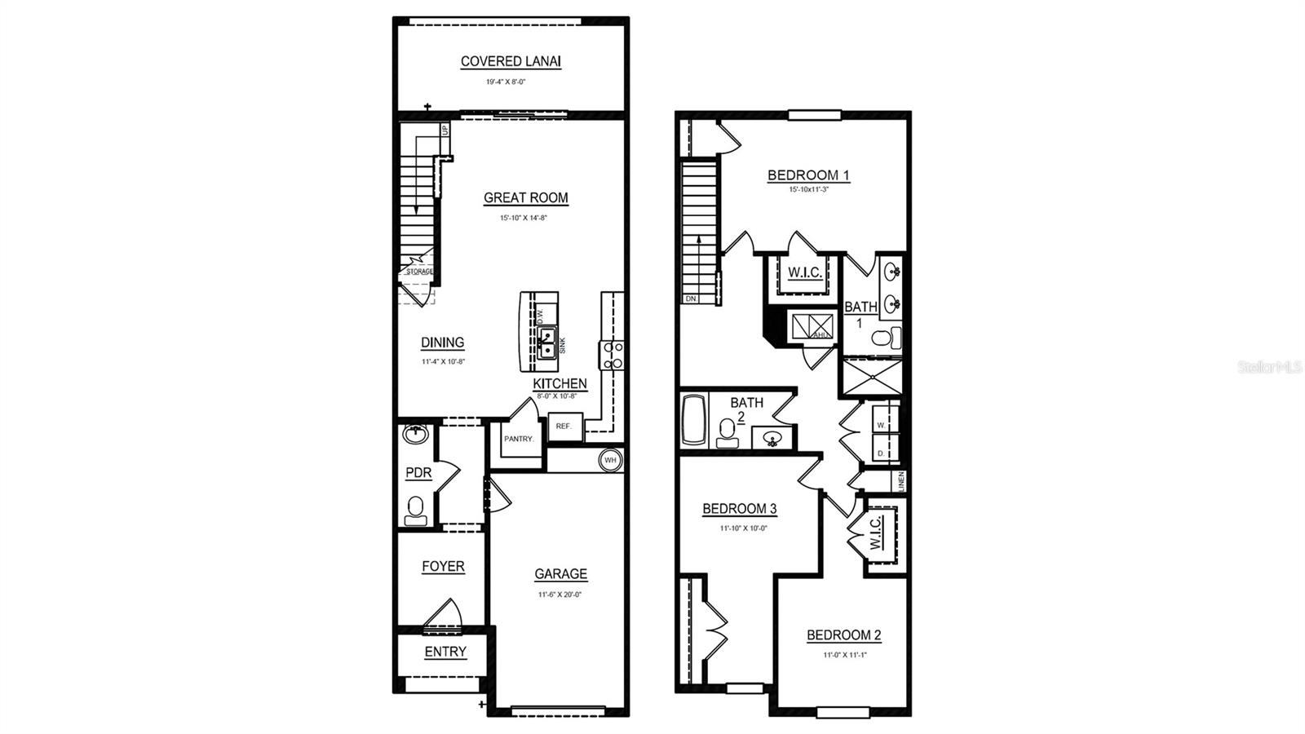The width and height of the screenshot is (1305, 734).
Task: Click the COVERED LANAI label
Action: pos(511,61)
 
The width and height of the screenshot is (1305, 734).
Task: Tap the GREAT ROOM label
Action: pos(525,197)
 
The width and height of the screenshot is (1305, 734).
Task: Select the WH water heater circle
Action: pos(610,460)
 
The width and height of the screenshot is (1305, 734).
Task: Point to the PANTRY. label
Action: pos(519,439)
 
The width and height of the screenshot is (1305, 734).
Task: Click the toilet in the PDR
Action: pos(416,511)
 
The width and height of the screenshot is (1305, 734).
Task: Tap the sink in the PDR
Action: pos(416,434)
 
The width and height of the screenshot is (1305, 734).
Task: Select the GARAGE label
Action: pos(560,574)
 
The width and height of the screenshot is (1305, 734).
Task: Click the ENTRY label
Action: pos(445,652)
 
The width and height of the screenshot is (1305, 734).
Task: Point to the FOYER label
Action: pos(443,566)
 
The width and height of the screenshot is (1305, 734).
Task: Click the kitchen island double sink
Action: pos(546,343)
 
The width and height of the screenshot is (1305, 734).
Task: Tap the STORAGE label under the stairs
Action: pos(419,272)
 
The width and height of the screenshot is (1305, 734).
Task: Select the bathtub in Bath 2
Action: pos(693,420)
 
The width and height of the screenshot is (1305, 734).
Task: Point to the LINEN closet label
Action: pos(901,481)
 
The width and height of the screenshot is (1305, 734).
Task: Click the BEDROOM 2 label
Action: pos(843,635)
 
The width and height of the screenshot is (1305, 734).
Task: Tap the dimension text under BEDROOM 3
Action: pos(742,528)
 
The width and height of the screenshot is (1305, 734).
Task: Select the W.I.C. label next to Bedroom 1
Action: pos(804,272)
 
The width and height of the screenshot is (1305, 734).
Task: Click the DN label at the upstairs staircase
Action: pos(691,298)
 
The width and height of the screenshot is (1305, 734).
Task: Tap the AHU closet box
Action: pos(812,327)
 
